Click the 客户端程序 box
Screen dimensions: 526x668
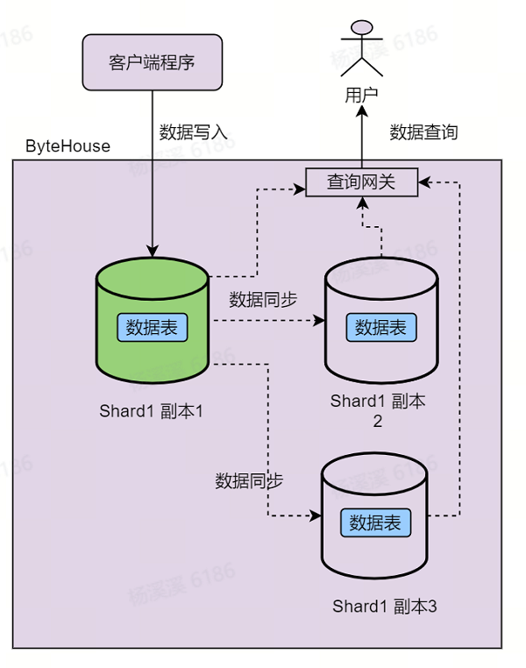[x=152, y=62]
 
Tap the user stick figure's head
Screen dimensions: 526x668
[x=361, y=27]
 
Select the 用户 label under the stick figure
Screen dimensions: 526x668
[x=361, y=95]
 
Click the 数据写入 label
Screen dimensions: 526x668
[x=193, y=132]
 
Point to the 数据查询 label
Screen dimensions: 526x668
[x=423, y=132]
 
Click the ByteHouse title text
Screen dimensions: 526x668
[x=68, y=146]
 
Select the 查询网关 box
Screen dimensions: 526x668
[x=361, y=182]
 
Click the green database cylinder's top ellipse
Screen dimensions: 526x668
[x=153, y=278]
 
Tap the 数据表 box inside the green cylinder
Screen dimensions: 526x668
[x=152, y=327]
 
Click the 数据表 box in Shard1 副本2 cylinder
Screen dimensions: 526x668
[x=381, y=327]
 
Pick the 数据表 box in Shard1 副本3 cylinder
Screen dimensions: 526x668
[x=375, y=522]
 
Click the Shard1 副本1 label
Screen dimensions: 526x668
[x=151, y=411]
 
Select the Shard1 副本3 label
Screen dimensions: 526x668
[x=384, y=606]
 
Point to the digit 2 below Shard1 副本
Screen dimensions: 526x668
[x=377, y=422]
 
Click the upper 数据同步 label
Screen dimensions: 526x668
[x=263, y=300]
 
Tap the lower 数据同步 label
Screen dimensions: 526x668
[x=249, y=480]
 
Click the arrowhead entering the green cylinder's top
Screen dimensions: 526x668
[x=153, y=252]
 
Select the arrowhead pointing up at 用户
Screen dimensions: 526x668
[x=361, y=111]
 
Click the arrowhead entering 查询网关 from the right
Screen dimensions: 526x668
[x=424, y=182]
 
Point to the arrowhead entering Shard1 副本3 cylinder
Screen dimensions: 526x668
[x=316, y=516]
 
